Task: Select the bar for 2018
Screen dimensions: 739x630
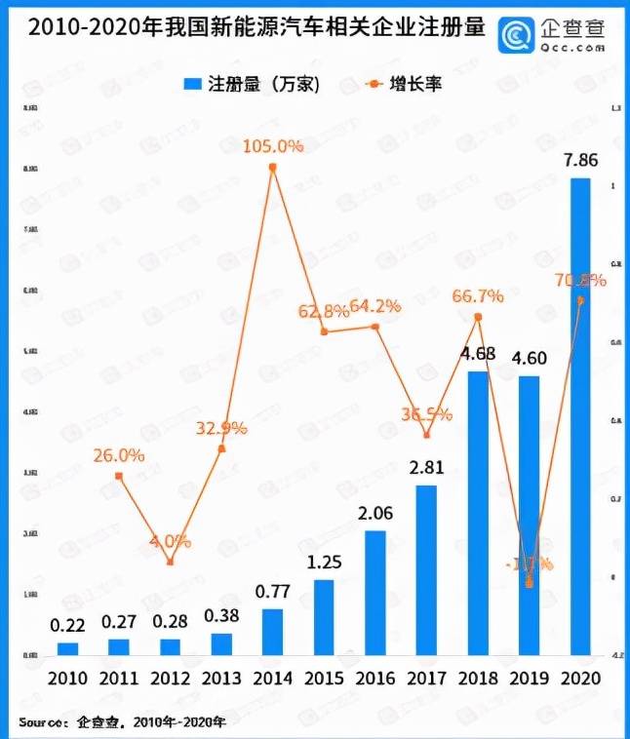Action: click(x=478, y=513)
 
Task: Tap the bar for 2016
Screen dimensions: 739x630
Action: click(x=375, y=593)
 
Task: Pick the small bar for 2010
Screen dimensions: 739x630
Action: click(x=67, y=648)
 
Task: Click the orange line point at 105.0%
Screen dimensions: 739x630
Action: click(x=273, y=168)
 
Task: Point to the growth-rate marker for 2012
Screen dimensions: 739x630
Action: click(x=170, y=562)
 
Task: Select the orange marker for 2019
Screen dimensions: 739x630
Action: click(x=530, y=583)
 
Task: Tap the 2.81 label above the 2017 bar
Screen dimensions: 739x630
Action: click(x=426, y=468)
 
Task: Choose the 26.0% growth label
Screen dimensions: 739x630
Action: click(x=119, y=455)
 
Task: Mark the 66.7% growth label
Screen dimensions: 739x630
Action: click(x=478, y=295)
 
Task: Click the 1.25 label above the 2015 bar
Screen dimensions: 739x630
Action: click(x=324, y=563)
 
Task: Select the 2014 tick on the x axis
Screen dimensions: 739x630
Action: click(x=273, y=679)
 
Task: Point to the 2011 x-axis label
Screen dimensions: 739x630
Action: click(x=119, y=679)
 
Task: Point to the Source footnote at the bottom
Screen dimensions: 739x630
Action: click(x=123, y=722)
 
